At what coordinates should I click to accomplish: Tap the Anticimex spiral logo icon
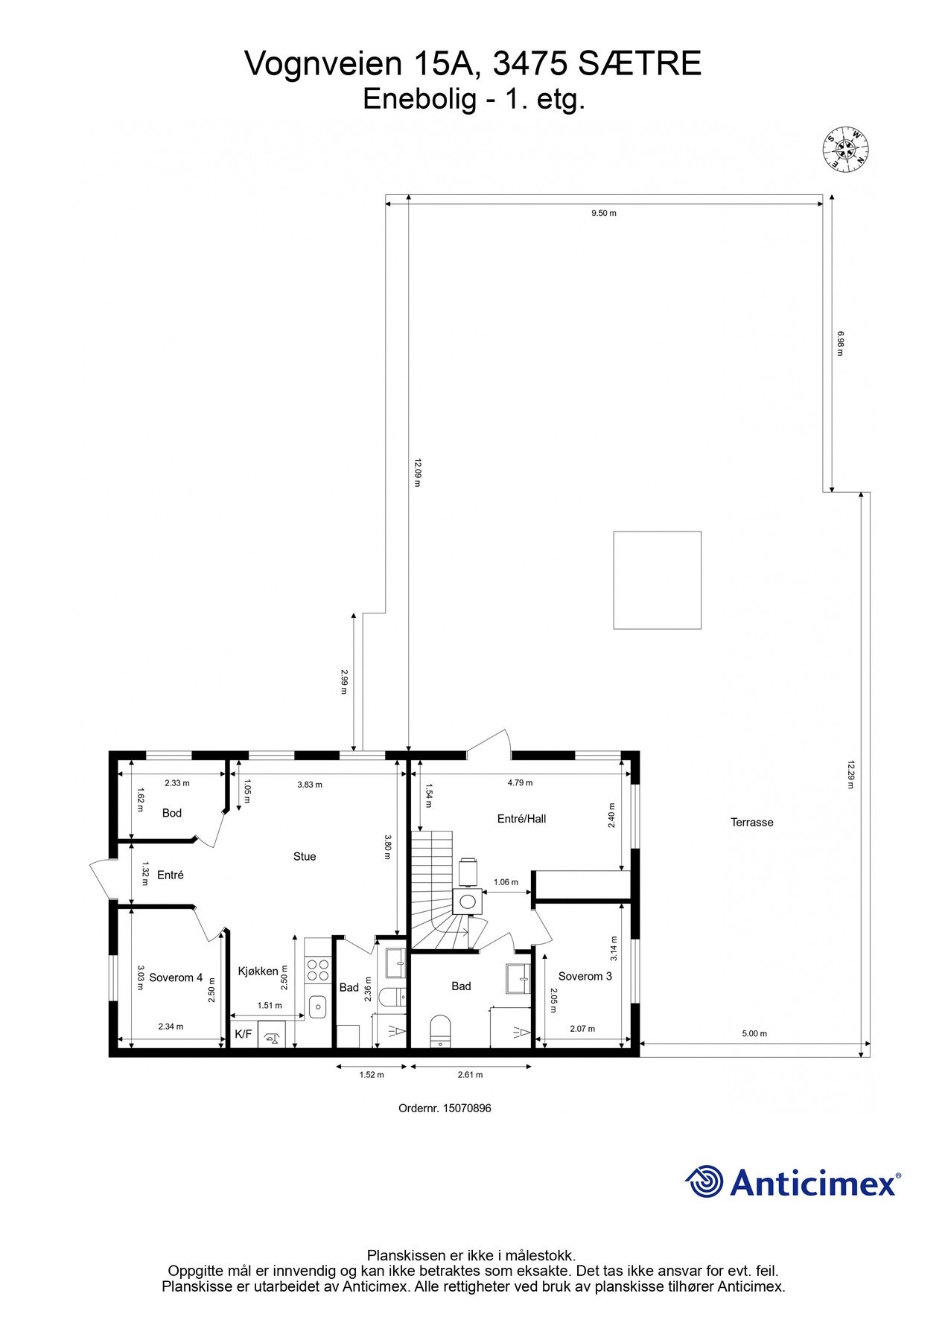pos(704,1182)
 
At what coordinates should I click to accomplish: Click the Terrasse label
pos(751,822)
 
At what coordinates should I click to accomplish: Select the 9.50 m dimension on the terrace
pos(603,213)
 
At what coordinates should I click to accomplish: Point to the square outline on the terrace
pos(657,580)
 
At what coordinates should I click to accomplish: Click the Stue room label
pos(304,856)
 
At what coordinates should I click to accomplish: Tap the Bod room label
pos(171,813)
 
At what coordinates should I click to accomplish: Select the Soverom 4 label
pos(176,977)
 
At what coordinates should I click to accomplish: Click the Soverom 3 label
pos(585,976)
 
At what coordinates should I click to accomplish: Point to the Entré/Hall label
pos(521,818)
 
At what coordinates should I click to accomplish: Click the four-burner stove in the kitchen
pos(318,970)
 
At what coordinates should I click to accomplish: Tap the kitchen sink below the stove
pos(318,1006)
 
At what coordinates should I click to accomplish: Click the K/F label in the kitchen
pos(243,1034)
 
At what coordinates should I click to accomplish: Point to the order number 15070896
pos(445,1108)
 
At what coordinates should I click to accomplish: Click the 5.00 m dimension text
pos(754,1033)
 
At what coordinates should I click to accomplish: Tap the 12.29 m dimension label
pos(850,774)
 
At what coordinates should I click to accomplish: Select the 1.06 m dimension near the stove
pos(506,882)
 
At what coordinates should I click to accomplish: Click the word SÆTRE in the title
pos(640,65)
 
